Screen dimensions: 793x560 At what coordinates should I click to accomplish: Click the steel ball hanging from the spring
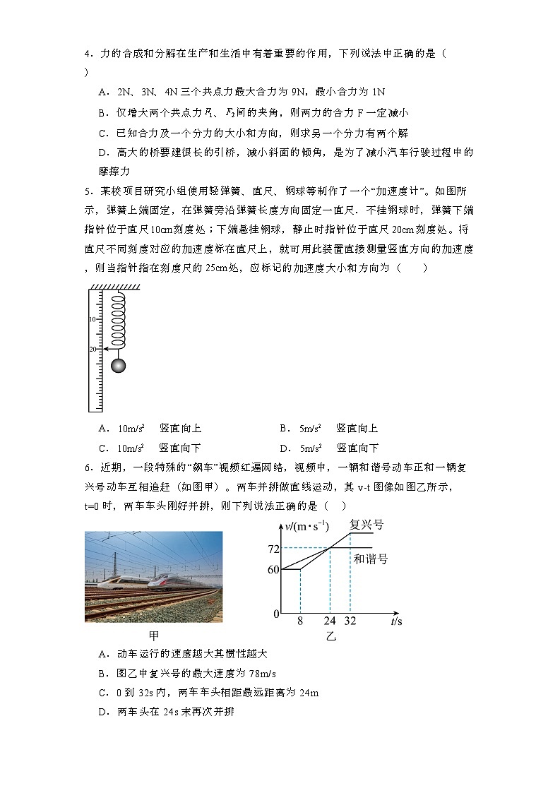pyautogui.click(x=119, y=365)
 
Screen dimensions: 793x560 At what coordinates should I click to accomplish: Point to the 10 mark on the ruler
pyautogui.click(x=93, y=320)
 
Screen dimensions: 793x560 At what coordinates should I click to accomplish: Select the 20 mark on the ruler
pyautogui.click(x=93, y=350)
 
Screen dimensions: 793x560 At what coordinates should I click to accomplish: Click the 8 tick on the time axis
pyautogui.click(x=300, y=622)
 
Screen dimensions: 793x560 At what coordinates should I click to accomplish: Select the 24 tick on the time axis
pyautogui.click(x=330, y=622)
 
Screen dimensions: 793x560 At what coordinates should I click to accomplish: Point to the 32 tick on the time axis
pyautogui.click(x=350, y=622)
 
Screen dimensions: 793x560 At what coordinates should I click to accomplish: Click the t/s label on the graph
pyautogui.click(x=396, y=622)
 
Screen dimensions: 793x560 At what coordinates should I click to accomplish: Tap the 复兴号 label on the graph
pyautogui.click(x=367, y=525)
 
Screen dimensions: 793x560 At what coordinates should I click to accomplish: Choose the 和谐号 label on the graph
pyautogui.click(x=371, y=559)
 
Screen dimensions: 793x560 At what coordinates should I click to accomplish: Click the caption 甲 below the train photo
pyautogui.click(x=153, y=635)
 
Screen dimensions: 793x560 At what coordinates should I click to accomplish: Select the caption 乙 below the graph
pyautogui.click(x=330, y=636)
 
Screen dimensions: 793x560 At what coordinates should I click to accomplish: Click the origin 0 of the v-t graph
pyautogui.click(x=277, y=614)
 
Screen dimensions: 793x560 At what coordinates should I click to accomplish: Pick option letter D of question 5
pyautogui.click(x=283, y=448)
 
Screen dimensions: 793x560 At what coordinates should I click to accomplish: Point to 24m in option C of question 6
pyautogui.click(x=309, y=693)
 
